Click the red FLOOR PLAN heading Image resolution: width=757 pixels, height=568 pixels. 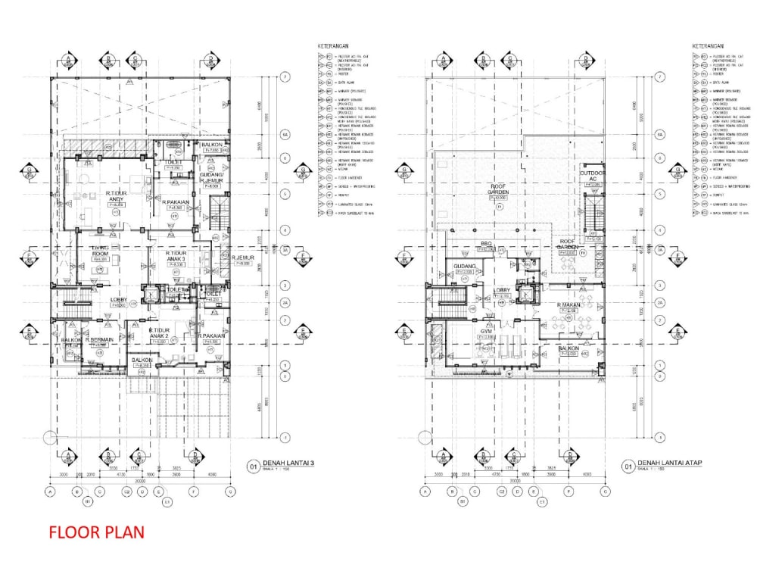click(96, 532)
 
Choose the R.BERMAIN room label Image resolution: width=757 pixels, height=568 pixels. click(100, 340)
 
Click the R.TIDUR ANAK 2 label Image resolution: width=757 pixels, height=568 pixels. click(158, 334)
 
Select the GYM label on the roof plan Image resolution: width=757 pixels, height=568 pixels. click(484, 332)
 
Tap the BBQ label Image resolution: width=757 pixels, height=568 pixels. click(487, 243)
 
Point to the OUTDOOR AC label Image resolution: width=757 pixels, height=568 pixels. click(593, 176)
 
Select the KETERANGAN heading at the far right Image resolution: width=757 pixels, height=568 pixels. click(711, 46)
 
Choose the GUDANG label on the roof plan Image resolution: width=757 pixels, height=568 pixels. click(464, 267)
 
